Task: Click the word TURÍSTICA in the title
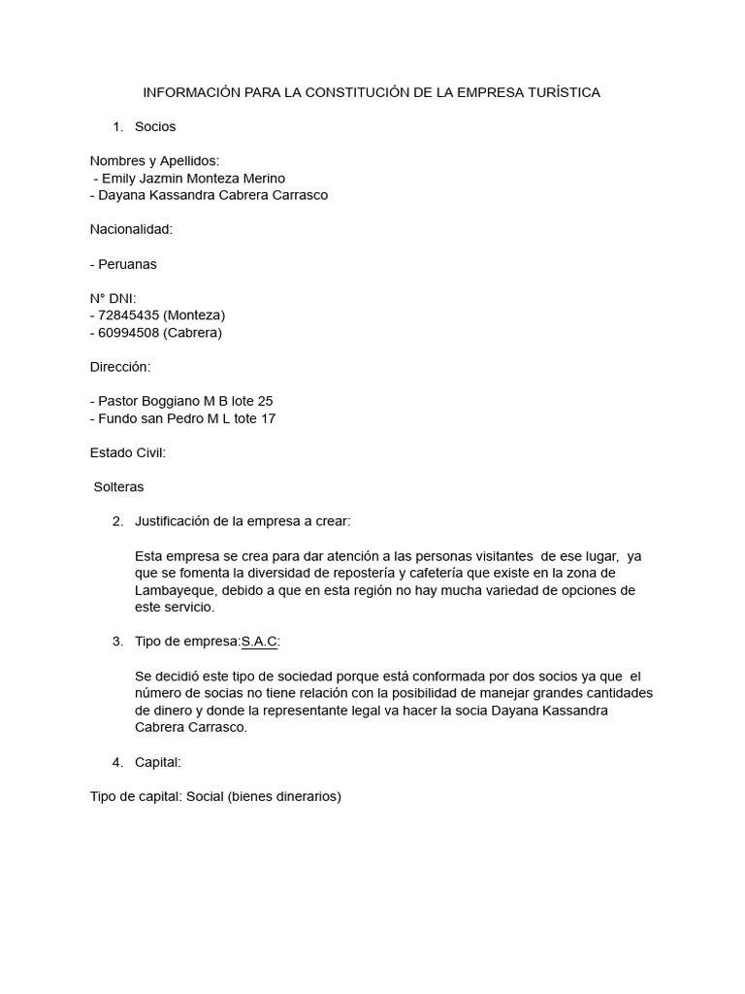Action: pos(565,92)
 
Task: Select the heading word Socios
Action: pos(155,126)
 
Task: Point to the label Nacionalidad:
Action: pos(131,229)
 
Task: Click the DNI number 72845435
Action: pos(129,315)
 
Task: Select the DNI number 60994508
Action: pos(129,333)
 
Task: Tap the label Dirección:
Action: pos(120,367)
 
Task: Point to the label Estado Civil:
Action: pos(128,452)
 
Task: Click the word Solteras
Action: pos(118,486)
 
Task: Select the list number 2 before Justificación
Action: pos(117,521)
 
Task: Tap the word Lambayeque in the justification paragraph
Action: pos(178,590)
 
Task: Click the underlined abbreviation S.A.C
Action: pos(259,642)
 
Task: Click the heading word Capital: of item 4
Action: pos(158,763)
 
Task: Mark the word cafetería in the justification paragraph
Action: pos(417,574)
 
